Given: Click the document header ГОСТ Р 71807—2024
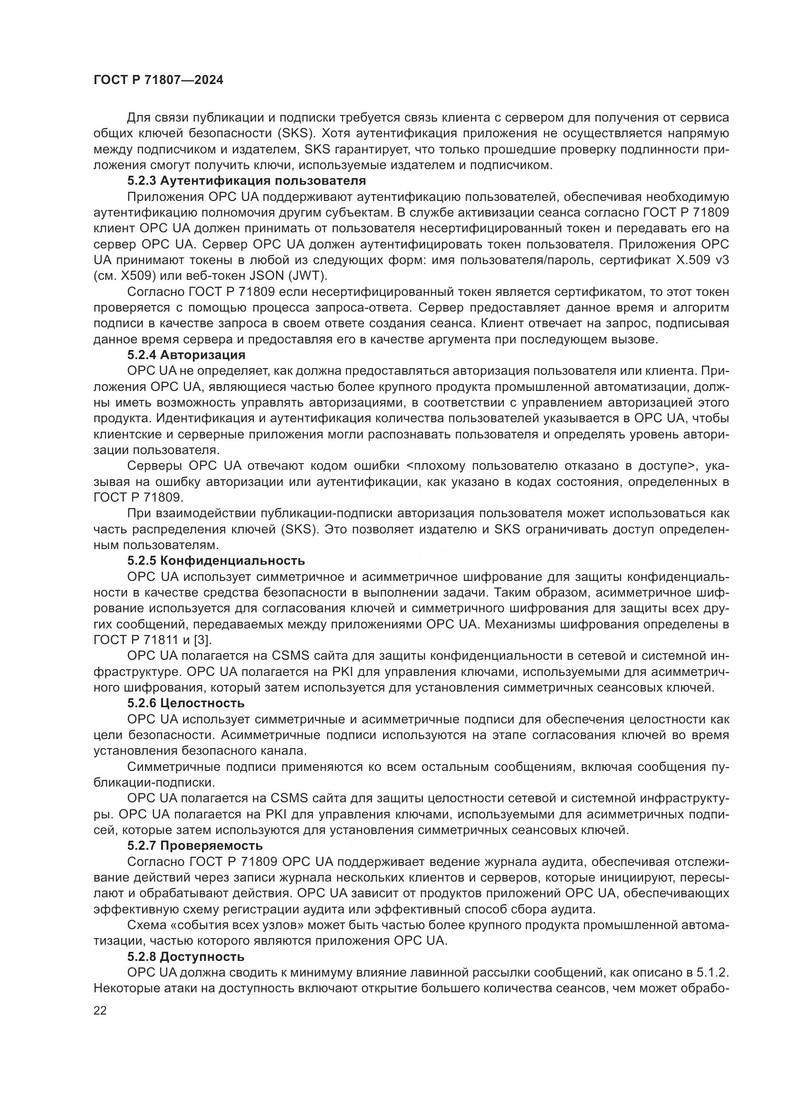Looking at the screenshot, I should click(x=158, y=80).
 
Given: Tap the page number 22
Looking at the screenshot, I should click(x=100, y=1010).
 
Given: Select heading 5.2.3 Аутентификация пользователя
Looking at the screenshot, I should click(x=246, y=181).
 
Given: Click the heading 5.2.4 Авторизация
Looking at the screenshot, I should click(x=186, y=355).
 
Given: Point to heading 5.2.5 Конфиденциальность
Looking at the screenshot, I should click(x=216, y=560).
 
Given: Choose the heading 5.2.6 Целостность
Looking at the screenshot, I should click(x=186, y=703).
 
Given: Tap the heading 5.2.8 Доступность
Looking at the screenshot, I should click(x=186, y=956).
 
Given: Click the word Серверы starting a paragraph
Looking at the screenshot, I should click(x=155, y=465).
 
